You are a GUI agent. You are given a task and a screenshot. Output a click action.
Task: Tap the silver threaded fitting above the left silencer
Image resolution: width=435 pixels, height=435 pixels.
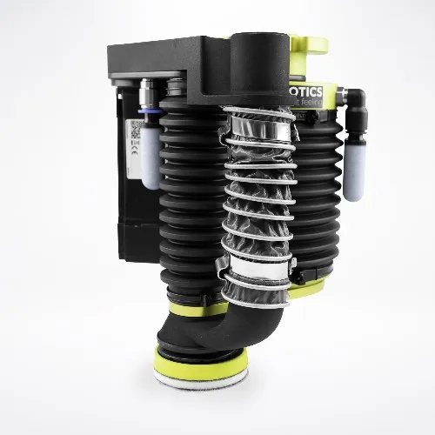pyautogui.click(x=148, y=95)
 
